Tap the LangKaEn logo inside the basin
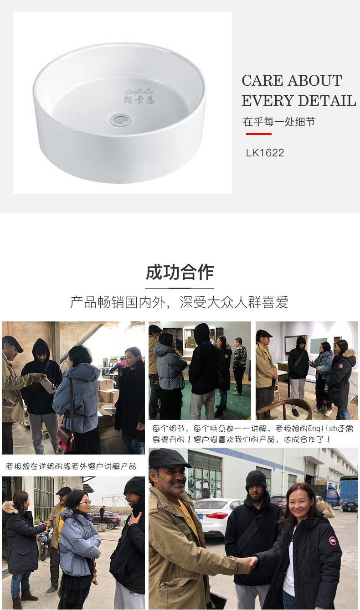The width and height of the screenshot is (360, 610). coord(139,96)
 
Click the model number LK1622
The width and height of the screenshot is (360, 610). coord(265,153)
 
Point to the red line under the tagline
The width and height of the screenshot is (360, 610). coord(258,134)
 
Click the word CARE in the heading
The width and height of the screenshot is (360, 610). coord(262,81)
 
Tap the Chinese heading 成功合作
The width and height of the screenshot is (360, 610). coord(180,272)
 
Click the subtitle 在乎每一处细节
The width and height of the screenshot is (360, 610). coord(279,122)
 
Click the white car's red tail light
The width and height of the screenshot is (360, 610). coord(217,516)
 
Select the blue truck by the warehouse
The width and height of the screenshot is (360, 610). coord(348,493)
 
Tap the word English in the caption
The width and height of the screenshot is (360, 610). coord(323,429)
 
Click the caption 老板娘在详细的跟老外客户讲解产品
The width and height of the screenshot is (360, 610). coord(71,466)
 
